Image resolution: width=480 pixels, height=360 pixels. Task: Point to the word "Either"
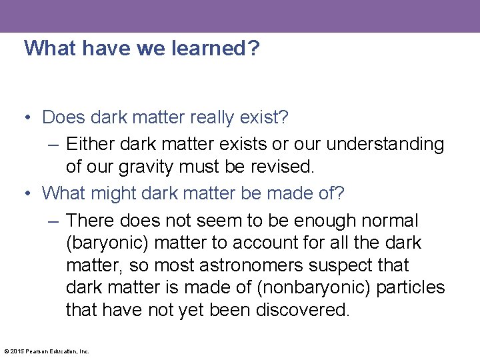89,144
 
